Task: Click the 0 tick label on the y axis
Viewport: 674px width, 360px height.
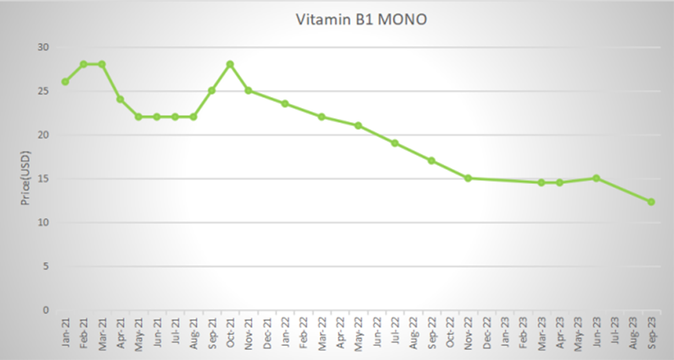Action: (x=44, y=310)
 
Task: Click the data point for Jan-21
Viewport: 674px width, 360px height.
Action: (x=65, y=82)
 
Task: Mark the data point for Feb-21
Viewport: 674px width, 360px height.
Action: (x=83, y=64)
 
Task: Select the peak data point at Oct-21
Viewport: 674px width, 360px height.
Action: (x=229, y=64)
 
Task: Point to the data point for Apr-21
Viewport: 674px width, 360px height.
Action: (x=120, y=99)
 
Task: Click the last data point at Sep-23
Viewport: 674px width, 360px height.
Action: (x=651, y=201)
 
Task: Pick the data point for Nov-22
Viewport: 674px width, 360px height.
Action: (x=468, y=178)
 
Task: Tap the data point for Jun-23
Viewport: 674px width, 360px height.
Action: (x=596, y=178)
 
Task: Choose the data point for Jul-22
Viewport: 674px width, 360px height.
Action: (x=394, y=143)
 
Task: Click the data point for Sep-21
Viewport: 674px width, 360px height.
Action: (x=211, y=90)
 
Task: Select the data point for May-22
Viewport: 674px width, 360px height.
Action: (x=358, y=126)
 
